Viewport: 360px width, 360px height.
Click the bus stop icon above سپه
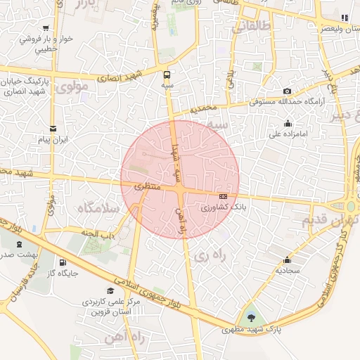(x=167, y=74)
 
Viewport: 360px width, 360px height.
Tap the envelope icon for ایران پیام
(x=54, y=128)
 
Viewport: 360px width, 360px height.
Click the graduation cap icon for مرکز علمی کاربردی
(x=110, y=290)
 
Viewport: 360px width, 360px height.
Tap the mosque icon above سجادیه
(x=287, y=259)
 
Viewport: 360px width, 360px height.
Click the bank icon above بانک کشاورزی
(x=224, y=196)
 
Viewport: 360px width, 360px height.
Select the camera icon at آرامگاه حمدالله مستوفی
(x=287, y=91)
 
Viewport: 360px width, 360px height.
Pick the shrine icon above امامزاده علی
(x=277, y=122)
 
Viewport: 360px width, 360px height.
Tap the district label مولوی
(x=73, y=88)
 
